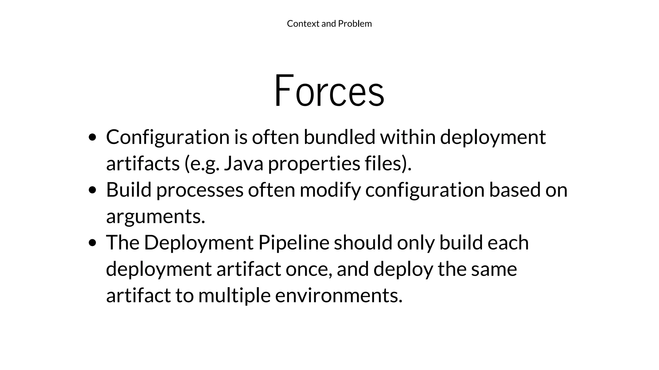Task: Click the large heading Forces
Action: [x=329, y=91]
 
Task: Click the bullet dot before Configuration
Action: [x=92, y=137]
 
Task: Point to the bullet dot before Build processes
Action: [x=92, y=190]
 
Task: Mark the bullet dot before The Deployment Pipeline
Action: [x=92, y=243]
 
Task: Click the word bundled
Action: [x=339, y=137]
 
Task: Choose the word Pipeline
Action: [x=294, y=242]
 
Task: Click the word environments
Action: [x=338, y=295]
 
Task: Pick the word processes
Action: [x=200, y=190]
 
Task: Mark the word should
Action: [x=363, y=242]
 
